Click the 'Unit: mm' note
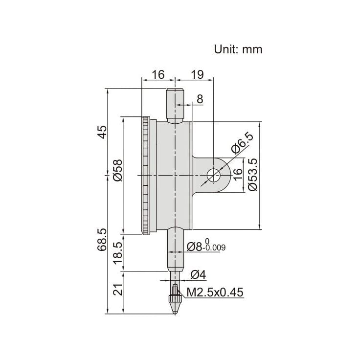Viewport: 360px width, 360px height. point(238,49)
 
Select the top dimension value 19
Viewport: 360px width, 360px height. point(198,75)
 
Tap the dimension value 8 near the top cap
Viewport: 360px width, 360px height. point(200,99)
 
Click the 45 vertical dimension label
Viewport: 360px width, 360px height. point(102,132)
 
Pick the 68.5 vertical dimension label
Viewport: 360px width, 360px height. point(102,239)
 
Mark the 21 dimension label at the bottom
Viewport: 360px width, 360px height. point(117,291)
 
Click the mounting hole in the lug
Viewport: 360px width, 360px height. point(214,175)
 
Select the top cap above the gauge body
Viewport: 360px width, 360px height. point(174,105)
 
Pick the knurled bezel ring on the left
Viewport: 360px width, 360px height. point(146,175)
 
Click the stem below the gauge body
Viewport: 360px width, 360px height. point(174,249)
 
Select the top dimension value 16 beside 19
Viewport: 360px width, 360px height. point(157,75)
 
